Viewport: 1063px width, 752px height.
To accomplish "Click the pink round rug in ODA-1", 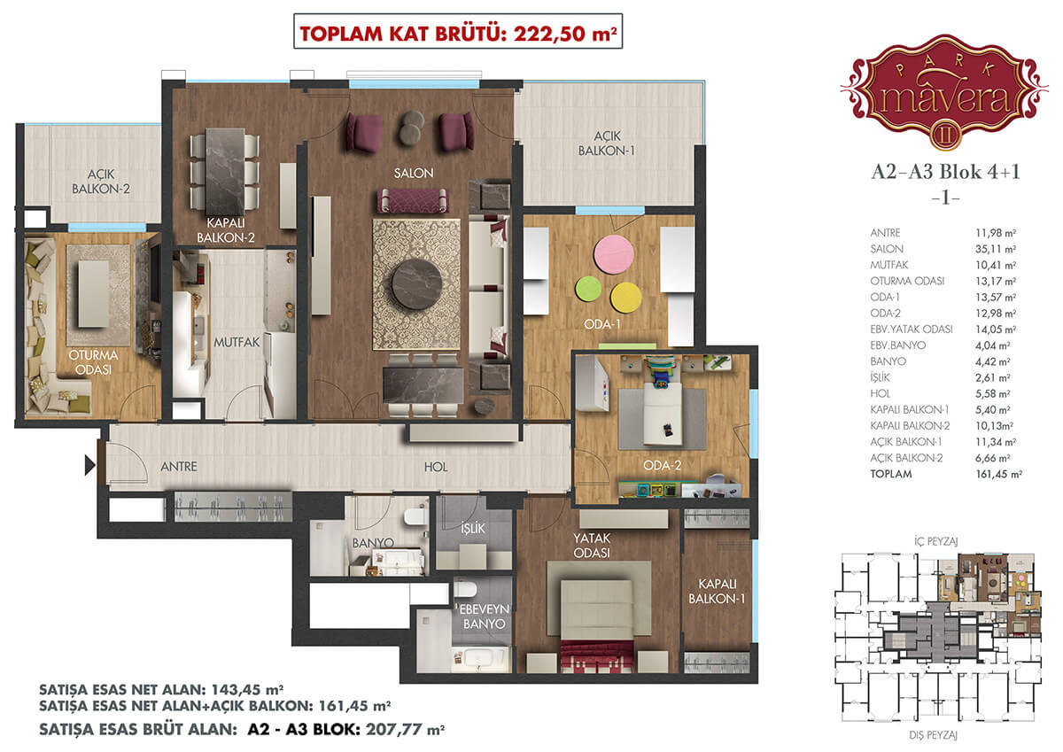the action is click(613, 254).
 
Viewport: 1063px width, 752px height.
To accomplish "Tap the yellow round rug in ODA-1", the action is click(626, 298).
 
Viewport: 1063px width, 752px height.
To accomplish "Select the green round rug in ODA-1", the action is click(588, 289).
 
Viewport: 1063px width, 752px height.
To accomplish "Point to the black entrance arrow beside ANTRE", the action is click(89, 465).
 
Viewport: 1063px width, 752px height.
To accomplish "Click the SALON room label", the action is click(414, 174).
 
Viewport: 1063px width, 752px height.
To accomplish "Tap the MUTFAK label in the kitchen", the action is click(237, 342).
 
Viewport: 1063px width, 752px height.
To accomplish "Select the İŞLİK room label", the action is click(473, 528).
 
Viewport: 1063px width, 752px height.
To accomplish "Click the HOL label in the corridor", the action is click(436, 468).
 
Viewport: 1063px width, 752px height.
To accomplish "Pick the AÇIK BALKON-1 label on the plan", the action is click(607, 143).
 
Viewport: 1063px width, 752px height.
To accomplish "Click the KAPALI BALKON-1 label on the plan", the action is click(717, 591).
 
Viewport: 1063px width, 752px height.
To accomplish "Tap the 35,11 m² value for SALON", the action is click(996, 249).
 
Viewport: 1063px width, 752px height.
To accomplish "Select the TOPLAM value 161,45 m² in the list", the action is click(998, 474).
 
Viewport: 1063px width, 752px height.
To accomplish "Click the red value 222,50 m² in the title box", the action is click(565, 34).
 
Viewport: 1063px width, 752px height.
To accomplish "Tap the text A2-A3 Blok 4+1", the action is click(945, 172).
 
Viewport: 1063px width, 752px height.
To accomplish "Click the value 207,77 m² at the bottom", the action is click(405, 729).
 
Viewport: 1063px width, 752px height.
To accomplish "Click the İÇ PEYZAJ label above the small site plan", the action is click(935, 541).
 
